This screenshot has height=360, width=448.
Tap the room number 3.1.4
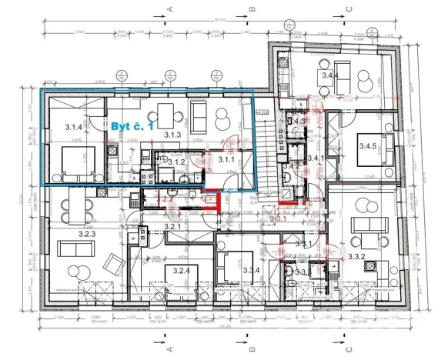(74, 127)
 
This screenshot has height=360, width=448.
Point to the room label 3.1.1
(225, 160)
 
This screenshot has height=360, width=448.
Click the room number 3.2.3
(87, 234)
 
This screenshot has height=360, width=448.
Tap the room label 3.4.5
(367, 165)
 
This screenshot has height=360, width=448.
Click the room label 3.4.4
(329, 75)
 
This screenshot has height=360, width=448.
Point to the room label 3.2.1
(172, 227)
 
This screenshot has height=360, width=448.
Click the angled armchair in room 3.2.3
(113, 266)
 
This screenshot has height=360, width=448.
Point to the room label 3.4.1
(316, 158)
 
